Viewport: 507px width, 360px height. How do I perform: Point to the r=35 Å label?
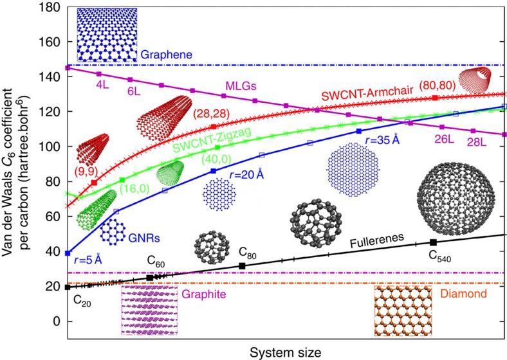(x=385, y=141)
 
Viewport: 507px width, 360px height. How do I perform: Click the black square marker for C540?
(x=433, y=242)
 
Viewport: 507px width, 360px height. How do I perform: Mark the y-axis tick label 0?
(x=57, y=320)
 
